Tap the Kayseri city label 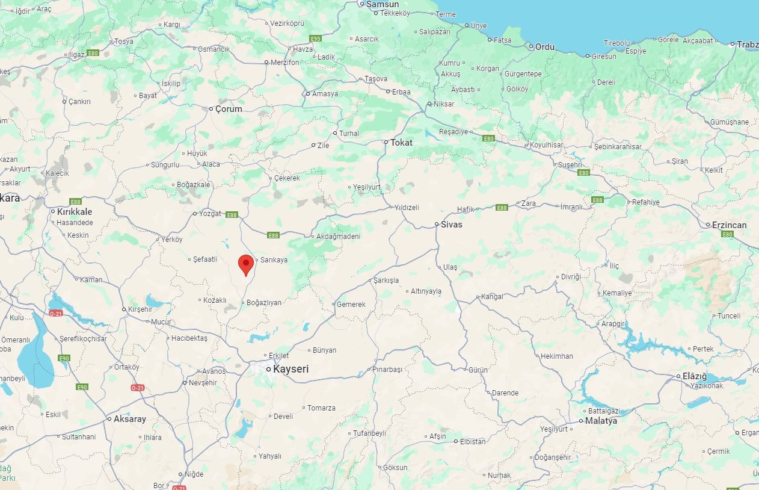290,369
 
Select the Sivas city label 451,224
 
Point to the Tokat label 401,143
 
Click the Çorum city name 229,109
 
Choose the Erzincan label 729,225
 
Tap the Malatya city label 601,421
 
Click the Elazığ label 695,376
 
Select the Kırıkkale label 75,212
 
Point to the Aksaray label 129,419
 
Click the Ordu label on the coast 545,46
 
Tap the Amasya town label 325,94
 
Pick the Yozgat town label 210,214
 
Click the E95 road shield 315,39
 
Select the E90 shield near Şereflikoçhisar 64,358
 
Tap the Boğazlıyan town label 264,303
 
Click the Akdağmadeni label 338,237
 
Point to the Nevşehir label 203,383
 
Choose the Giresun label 604,56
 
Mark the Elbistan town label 473,441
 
